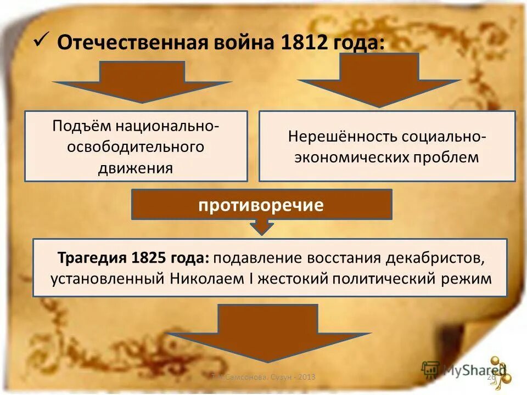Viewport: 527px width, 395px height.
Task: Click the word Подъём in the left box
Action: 81,126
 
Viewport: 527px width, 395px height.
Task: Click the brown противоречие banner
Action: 261,205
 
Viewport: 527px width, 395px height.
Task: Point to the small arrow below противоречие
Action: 261,226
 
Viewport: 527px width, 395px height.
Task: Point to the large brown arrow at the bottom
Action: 268,332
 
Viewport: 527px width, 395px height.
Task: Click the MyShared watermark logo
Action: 464,371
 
